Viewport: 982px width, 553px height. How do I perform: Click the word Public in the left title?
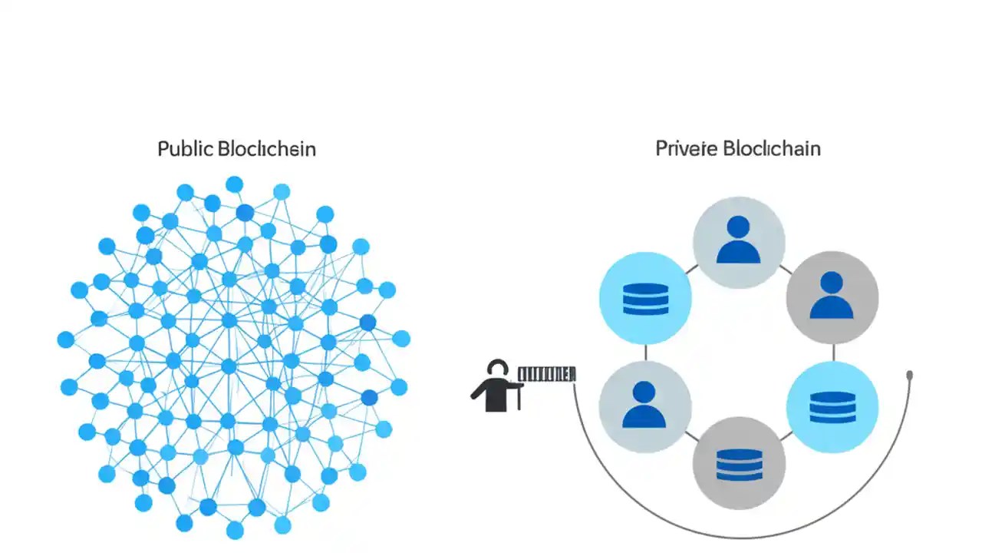pyautogui.click(x=185, y=149)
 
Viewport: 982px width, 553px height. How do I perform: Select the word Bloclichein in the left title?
pyautogui.click(x=266, y=149)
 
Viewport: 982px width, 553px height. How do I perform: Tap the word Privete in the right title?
pyautogui.click(x=685, y=149)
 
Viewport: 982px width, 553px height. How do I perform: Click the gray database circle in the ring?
pyautogui.click(x=739, y=463)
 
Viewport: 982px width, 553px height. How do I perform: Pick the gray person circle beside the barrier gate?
pyautogui.click(x=644, y=405)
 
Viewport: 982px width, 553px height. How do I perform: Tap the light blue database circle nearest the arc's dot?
pyautogui.click(x=832, y=406)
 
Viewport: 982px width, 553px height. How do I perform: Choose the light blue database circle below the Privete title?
pyautogui.click(x=644, y=298)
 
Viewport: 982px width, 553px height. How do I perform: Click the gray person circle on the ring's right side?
pyautogui.click(x=832, y=296)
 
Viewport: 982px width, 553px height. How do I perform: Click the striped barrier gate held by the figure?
pyautogui.click(x=546, y=374)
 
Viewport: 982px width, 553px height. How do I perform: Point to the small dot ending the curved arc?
pyautogui.click(x=910, y=376)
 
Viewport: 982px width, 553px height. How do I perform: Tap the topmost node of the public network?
pyautogui.click(x=234, y=184)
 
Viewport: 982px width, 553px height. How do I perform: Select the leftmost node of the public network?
pyautogui.click(x=66, y=339)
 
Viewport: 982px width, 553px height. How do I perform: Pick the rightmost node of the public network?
pyautogui.click(x=401, y=339)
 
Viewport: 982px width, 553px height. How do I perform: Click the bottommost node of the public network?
pyautogui.click(x=235, y=531)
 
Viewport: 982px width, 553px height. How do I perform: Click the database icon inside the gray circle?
pyautogui.click(x=739, y=464)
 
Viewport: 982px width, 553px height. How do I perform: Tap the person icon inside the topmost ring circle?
pyautogui.click(x=738, y=240)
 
